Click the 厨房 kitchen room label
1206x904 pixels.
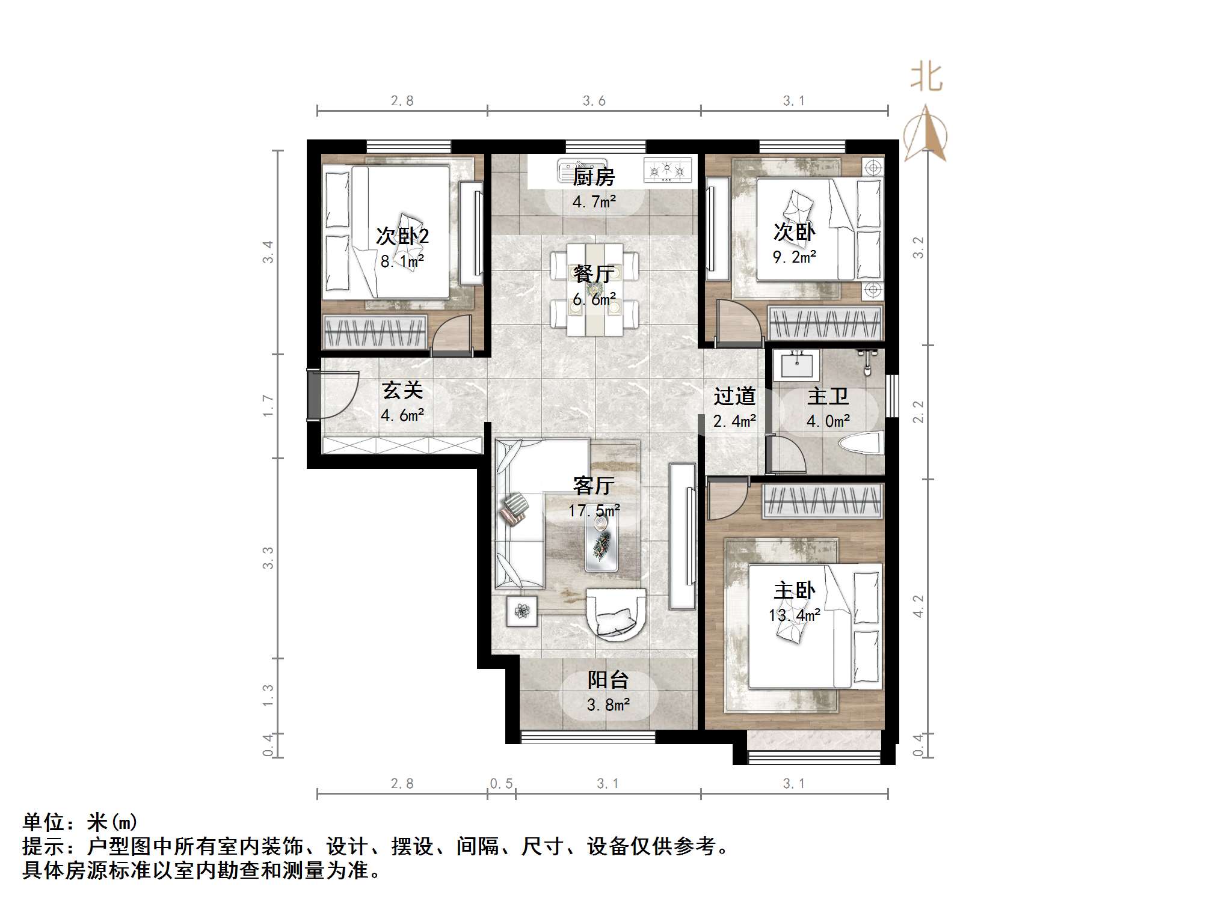pyautogui.click(x=593, y=177)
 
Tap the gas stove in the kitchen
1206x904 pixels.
pyautogui.click(x=667, y=170)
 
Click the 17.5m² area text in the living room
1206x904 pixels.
pyautogui.click(x=594, y=511)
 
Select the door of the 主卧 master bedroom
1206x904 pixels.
pyautogui.click(x=726, y=500)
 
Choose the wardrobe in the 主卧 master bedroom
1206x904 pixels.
pyautogui.click(x=822, y=502)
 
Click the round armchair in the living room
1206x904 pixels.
pyautogui.click(x=616, y=614)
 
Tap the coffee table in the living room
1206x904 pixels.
pyautogui.click(x=601, y=541)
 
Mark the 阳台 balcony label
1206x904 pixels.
pyautogui.click(x=608, y=680)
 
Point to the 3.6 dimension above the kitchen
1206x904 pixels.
pyautogui.click(x=594, y=101)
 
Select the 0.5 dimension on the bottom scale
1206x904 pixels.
pyautogui.click(x=501, y=783)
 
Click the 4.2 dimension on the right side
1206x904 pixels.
pyautogui.click(x=917, y=606)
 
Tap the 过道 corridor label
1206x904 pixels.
pyautogui.click(x=734, y=397)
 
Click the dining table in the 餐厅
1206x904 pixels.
pyautogui.click(x=594, y=289)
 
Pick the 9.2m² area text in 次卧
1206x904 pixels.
pyautogui.click(x=794, y=257)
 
